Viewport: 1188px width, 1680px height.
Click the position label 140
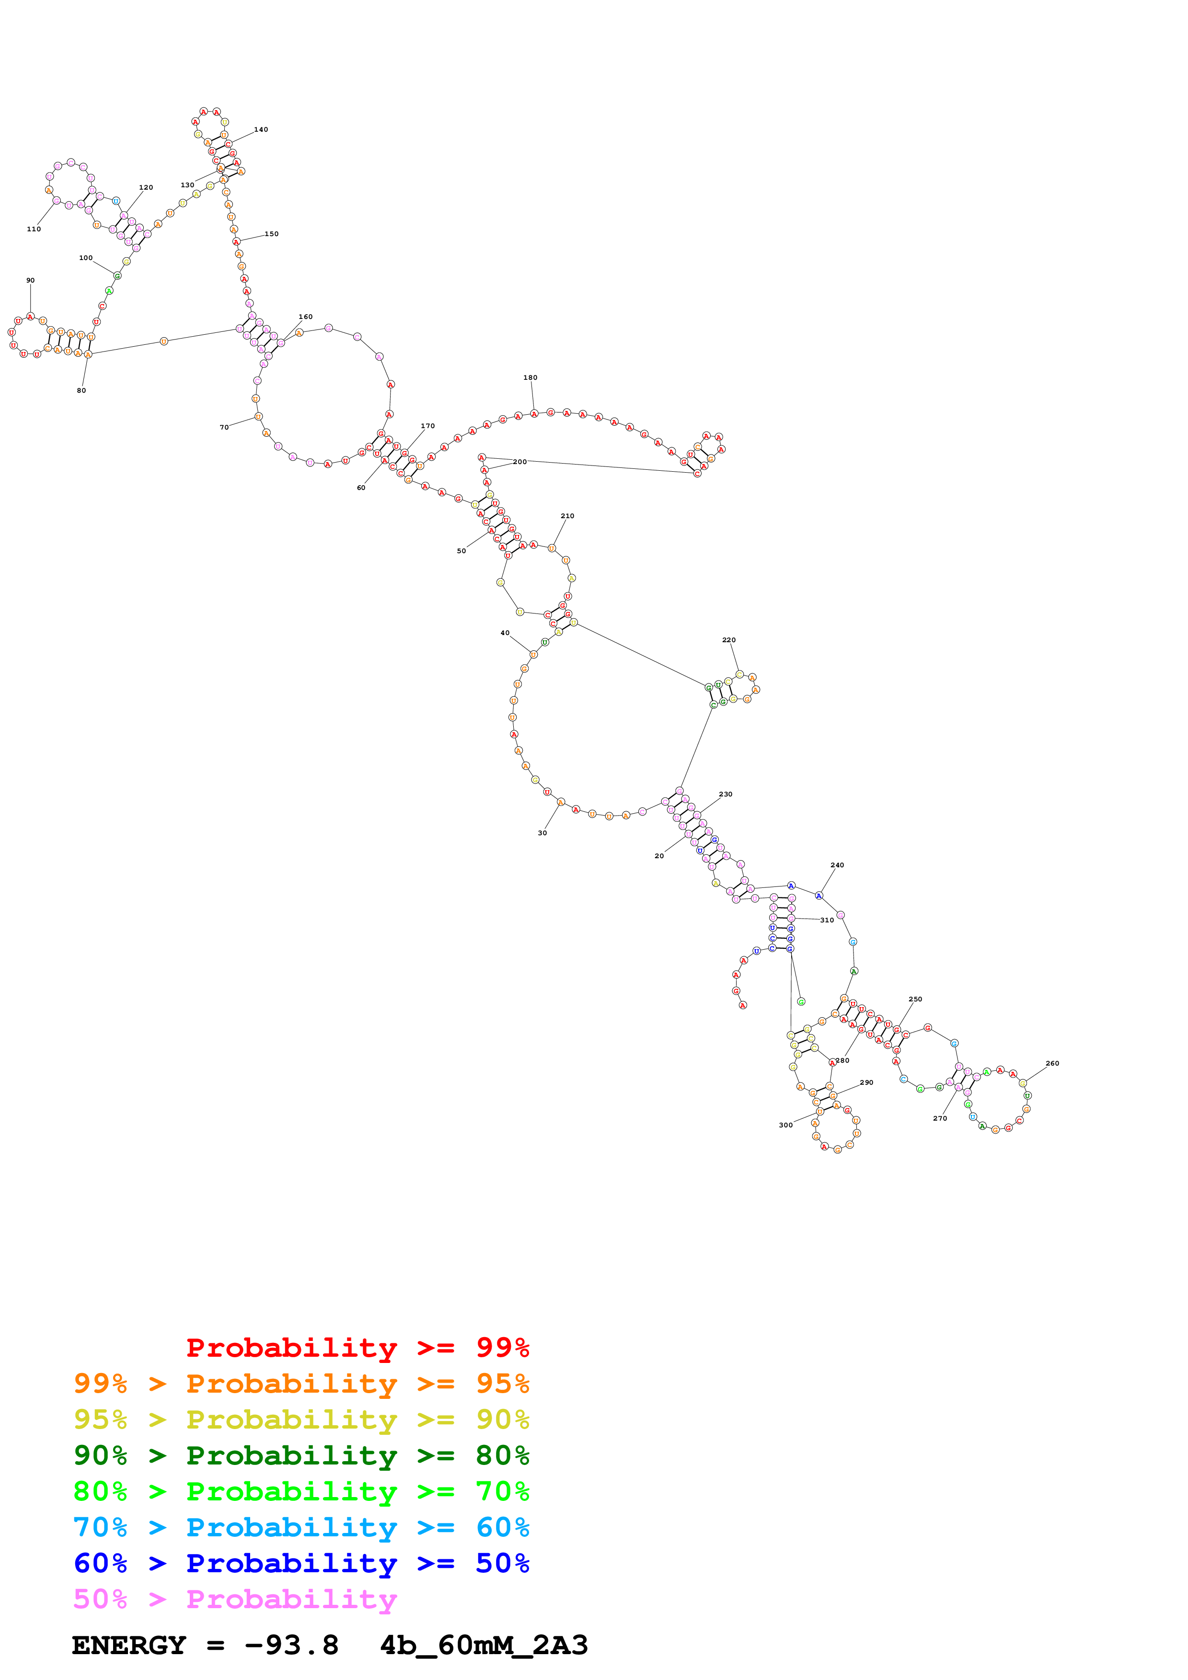pos(261,129)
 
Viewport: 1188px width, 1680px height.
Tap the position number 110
pos(34,229)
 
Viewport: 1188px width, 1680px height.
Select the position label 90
pos(30,280)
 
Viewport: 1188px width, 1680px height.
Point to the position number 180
pos(530,377)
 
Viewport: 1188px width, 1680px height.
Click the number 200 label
pos(519,462)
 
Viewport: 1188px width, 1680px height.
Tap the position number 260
pos(1052,1063)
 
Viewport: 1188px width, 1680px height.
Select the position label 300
pos(785,1124)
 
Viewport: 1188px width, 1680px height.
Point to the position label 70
pos(224,427)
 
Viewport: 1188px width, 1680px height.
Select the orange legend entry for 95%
pos(301,1384)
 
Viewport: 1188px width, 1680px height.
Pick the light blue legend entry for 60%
pos(301,1527)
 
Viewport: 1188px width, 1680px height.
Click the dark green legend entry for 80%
pos(301,1455)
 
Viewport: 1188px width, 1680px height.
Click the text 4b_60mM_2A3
pos(484,1646)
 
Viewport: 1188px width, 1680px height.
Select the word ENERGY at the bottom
pos(129,1646)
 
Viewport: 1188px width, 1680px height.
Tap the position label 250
pos(915,999)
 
